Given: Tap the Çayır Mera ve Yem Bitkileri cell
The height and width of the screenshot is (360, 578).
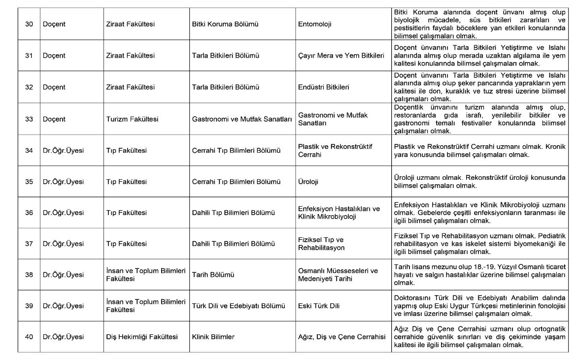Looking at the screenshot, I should [x=341, y=56].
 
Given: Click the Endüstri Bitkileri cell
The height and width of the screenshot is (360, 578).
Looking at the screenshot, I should [x=324, y=87].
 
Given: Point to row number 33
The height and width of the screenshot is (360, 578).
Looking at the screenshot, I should [x=29, y=119].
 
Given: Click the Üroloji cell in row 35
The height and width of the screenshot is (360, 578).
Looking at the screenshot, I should [x=308, y=182].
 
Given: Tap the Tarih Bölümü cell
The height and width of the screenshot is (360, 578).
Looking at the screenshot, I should [x=213, y=274].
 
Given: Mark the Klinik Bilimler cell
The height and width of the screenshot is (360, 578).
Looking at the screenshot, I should [x=213, y=337].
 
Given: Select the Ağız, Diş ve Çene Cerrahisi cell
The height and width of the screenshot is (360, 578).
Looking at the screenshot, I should [x=341, y=337].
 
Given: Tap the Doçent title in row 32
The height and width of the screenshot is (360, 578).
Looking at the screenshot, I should [x=54, y=87].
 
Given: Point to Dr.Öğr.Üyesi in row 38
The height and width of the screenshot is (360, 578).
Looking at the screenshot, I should [x=63, y=274].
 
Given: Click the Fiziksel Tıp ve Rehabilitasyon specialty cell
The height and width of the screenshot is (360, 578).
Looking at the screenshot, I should [x=322, y=243].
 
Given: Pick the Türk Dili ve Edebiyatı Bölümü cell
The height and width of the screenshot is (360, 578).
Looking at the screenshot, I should [x=238, y=306].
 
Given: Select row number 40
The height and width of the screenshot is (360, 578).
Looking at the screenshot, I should [x=29, y=337].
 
